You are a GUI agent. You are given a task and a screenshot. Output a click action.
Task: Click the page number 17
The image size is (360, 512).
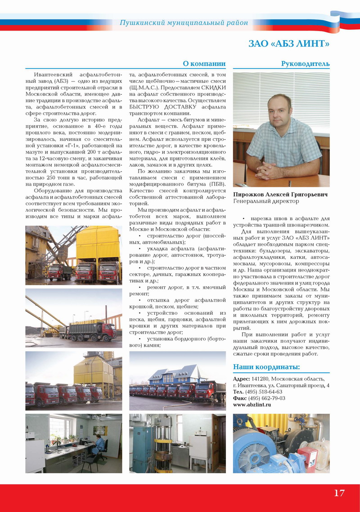(339, 493)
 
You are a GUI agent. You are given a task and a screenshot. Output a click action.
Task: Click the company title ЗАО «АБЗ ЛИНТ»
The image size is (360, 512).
(289, 44)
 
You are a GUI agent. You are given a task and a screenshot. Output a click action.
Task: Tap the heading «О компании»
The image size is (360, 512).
(204, 63)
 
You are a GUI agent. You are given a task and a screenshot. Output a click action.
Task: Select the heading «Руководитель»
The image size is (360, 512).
(305, 63)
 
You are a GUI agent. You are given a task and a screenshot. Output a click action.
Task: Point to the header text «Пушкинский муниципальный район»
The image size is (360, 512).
(184, 23)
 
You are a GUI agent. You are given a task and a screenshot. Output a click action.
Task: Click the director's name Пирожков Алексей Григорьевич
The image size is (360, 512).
(280, 195)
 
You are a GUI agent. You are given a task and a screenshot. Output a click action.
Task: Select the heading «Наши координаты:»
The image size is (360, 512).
(266, 367)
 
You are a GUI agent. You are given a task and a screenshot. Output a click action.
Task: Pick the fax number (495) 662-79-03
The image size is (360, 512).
(266, 398)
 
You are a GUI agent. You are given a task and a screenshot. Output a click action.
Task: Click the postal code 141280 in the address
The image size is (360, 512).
(260, 379)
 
